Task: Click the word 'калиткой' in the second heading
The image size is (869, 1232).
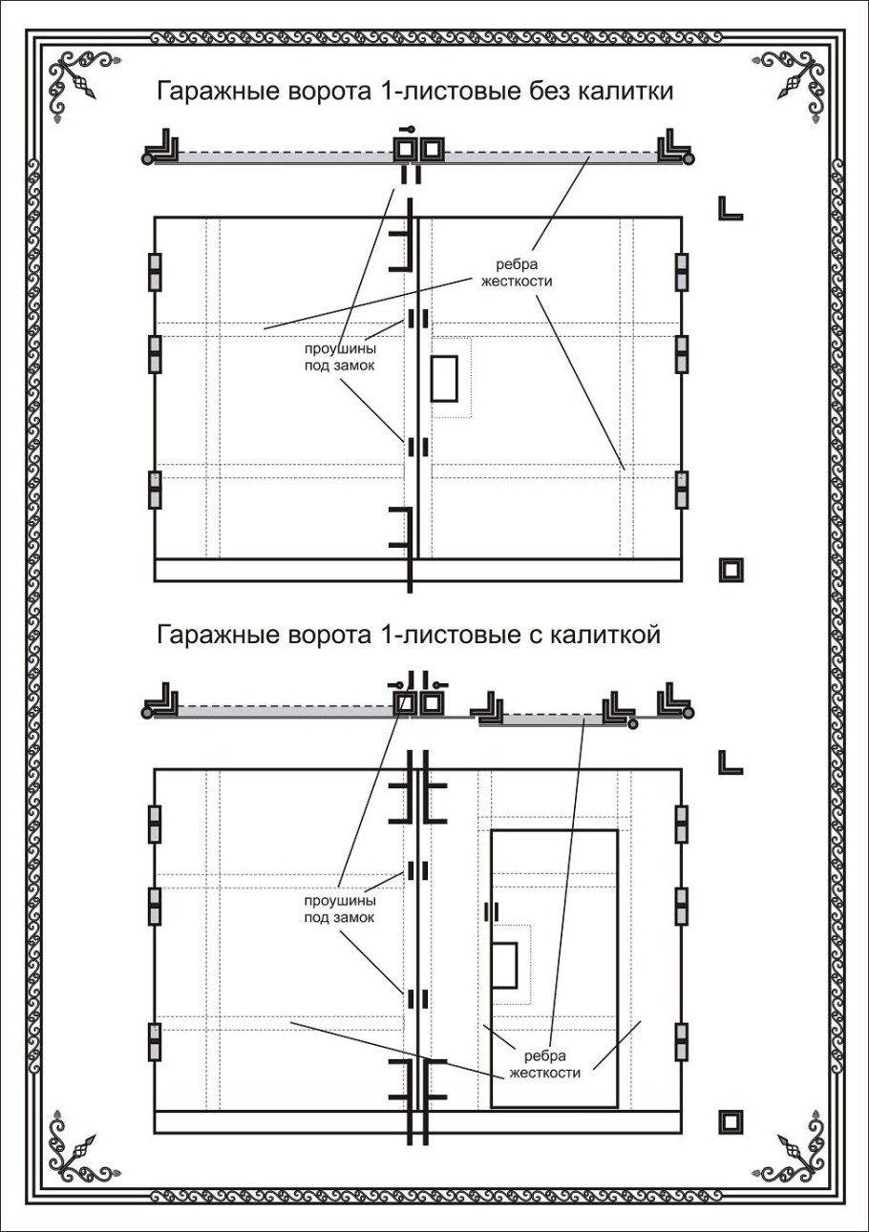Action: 607,634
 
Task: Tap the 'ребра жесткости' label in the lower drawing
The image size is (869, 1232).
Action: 545,1064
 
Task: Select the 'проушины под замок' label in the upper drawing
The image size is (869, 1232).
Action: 341,357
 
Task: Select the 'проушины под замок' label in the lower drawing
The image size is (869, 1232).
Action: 339,908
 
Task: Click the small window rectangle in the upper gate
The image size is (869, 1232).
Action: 445,378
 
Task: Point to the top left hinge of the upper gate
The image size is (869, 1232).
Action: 155,272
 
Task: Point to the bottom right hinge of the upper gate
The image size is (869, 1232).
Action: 682,490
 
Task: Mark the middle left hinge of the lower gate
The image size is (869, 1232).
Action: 155,907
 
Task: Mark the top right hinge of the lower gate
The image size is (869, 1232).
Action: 682,825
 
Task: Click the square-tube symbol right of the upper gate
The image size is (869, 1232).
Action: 731,570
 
